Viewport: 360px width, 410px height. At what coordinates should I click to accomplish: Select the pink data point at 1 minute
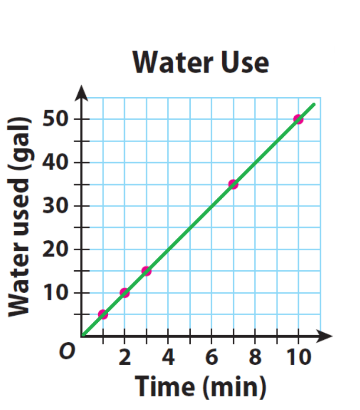(x=103, y=314)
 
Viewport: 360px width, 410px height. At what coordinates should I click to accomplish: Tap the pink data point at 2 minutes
(x=124, y=293)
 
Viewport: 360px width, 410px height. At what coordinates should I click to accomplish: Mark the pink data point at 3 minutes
(x=146, y=271)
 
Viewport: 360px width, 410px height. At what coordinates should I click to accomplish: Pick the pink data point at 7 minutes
(x=233, y=184)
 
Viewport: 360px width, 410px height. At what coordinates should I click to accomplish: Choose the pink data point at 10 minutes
(x=298, y=119)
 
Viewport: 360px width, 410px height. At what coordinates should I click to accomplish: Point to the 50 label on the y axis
(x=56, y=119)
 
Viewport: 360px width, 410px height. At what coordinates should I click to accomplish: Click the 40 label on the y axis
(x=56, y=163)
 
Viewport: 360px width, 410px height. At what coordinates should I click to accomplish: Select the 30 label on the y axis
(x=56, y=206)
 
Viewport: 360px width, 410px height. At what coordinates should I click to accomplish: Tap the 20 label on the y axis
(x=56, y=249)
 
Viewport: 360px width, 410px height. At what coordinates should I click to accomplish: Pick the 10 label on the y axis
(x=56, y=293)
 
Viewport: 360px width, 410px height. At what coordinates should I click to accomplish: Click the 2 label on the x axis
(x=124, y=358)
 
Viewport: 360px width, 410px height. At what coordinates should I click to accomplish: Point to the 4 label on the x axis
(x=168, y=358)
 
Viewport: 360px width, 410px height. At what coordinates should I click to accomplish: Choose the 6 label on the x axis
(x=211, y=358)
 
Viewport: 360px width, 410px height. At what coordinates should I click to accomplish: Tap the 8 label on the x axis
(x=255, y=358)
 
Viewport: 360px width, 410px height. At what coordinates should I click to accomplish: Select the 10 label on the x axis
(x=298, y=358)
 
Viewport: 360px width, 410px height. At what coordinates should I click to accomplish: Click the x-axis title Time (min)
(x=200, y=386)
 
